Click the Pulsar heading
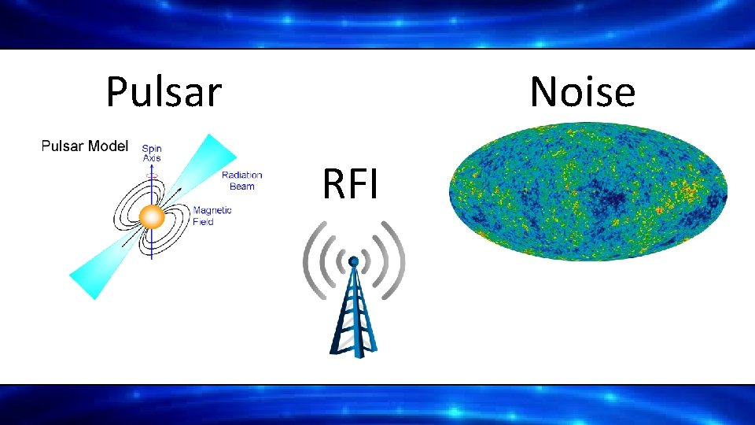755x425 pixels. click(164, 92)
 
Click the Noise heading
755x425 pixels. click(582, 92)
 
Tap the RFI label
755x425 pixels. click(350, 186)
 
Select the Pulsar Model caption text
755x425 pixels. click(84, 146)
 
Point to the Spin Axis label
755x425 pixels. click(151, 153)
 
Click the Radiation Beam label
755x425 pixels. click(241, 180)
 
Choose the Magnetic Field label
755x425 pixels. click(212, 216)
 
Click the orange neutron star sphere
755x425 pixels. click(150, 216)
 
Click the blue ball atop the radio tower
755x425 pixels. click(354, 261)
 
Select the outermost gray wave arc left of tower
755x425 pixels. click(310, 261)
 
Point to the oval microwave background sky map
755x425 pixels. click(587, 191)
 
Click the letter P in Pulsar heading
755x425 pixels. click(116, 92)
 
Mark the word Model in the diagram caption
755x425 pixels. click(109, 146)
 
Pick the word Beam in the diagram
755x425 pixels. click(241, 187)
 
